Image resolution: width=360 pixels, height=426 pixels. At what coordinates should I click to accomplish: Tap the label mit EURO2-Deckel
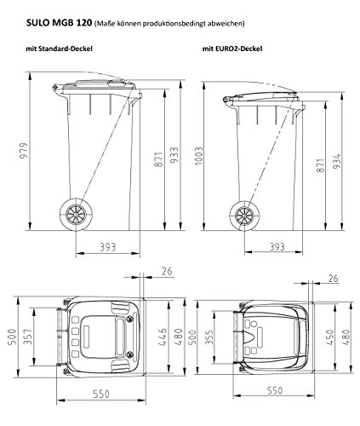tap(230, 50)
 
